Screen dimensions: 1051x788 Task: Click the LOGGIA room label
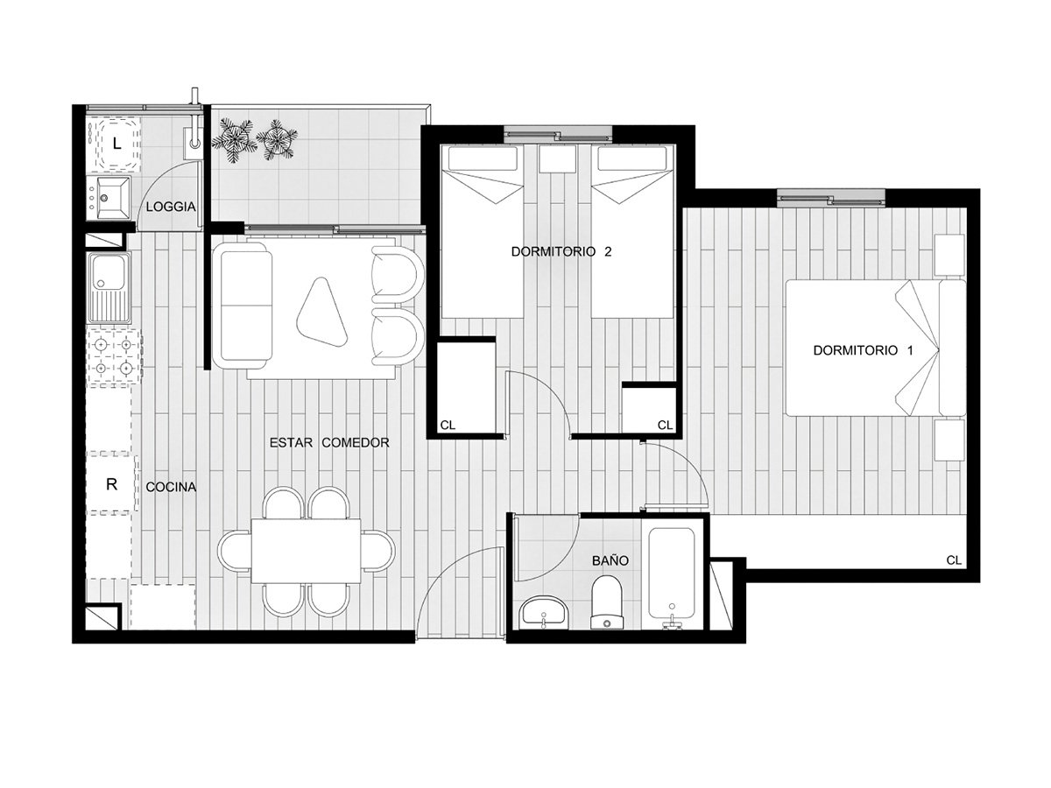[x=171, y=207]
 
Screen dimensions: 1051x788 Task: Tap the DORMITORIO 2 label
[x=561, y=251]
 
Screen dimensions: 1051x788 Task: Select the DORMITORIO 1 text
[x=863, y=350]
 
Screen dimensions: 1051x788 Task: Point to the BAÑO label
[x=610, y=560]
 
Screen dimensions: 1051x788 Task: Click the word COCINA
[x=171, y=487]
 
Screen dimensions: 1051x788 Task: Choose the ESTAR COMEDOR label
[x=329, y=442]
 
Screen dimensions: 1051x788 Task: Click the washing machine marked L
[x=116, y=144]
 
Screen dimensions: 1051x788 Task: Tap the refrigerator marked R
[x=112, y=484]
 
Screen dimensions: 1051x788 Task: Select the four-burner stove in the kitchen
[x=114, y=356]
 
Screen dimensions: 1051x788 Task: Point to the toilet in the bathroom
[x=607, y=602]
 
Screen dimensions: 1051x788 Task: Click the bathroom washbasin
[x=544, y=612]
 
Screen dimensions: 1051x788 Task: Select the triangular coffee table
[x=322, y=313]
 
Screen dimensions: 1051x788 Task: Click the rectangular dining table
[x=306, y=551]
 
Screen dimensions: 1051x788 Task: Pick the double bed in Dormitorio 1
[x=876, y=348]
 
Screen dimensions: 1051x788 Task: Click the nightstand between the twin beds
[x=557, y=158]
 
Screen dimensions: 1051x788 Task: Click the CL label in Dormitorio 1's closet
[x=954, y=560]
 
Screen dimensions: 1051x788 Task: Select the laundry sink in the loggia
[x=113, y=197]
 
